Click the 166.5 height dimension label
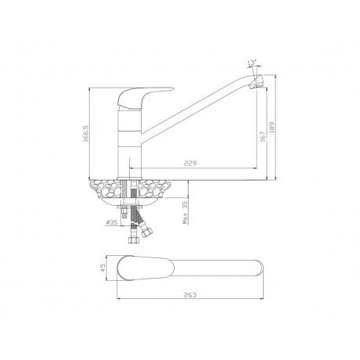tap(86, 133)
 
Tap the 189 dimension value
tap(272, 128)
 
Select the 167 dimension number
tap(263, 136)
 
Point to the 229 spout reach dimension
tap(190, 164)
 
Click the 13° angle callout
tap(251, 63)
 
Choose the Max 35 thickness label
tap(185, 213)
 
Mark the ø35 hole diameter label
tap(112, 222)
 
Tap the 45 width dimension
tap(103, 268)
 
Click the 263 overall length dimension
tap(190, 295)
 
